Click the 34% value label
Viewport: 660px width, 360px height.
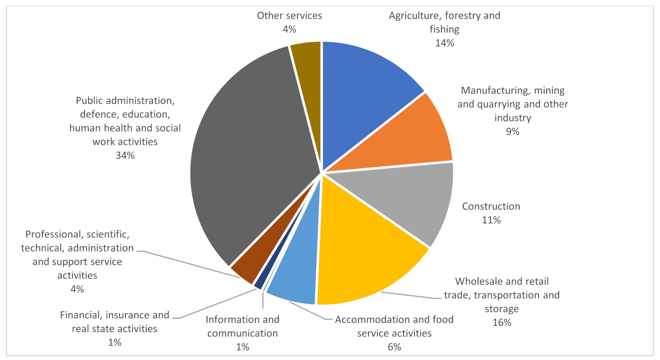125,155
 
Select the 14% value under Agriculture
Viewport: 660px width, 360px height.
444,43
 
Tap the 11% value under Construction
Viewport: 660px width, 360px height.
491,220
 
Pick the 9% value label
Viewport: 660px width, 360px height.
512,131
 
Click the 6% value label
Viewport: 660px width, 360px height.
394,347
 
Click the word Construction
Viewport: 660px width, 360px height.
491,207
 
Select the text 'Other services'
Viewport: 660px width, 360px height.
289,15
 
